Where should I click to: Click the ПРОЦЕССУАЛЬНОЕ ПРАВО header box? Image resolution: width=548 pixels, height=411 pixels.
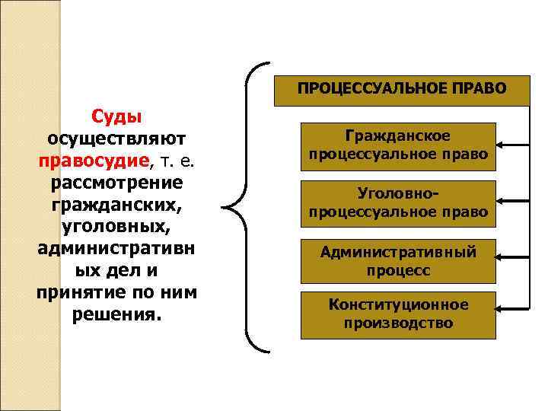401,89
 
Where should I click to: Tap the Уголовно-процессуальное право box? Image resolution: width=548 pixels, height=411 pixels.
398,203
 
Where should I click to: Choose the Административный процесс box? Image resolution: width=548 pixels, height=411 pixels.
398,261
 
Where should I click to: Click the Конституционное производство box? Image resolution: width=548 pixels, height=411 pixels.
398,314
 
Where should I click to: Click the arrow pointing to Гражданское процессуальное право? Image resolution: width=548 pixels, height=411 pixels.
511,142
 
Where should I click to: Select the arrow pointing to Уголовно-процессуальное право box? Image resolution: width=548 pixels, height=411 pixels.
511,201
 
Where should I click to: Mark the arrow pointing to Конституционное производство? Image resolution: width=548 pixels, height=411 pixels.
511,308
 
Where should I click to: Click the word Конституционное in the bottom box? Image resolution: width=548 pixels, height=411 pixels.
398,305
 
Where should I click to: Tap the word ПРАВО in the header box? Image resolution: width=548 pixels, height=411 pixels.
481,89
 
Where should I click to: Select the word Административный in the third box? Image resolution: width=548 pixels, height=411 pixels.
398,252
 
